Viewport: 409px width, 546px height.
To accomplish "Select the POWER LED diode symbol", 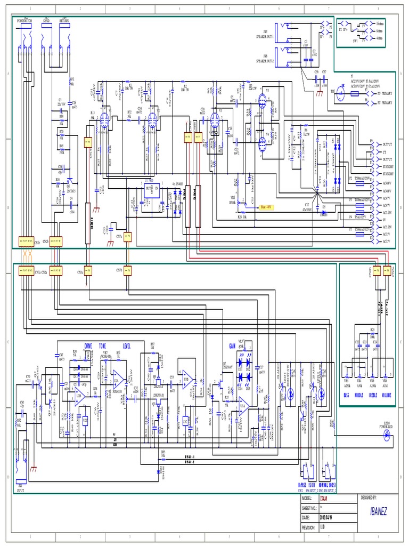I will click(387, 435).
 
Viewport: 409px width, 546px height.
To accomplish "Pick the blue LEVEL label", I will click(126, 346).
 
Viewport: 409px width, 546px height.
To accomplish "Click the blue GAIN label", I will click(232, 346).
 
